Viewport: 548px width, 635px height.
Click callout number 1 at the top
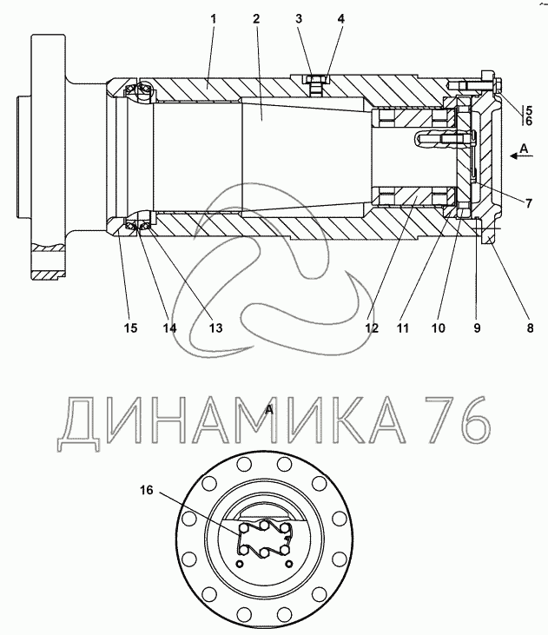[214, 18]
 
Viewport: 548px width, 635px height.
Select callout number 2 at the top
[256, 18]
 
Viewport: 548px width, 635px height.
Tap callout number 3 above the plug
[299, 18]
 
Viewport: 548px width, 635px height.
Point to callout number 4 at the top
[341, 18]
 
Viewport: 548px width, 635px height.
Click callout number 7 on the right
[529, 203]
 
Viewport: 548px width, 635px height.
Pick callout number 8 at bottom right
[530, 327]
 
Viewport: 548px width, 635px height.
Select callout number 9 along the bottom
[477, 327]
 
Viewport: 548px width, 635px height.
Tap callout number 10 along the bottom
[439, 327]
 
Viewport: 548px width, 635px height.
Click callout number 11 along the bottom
[403, 327]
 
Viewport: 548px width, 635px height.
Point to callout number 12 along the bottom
[372, 327]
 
